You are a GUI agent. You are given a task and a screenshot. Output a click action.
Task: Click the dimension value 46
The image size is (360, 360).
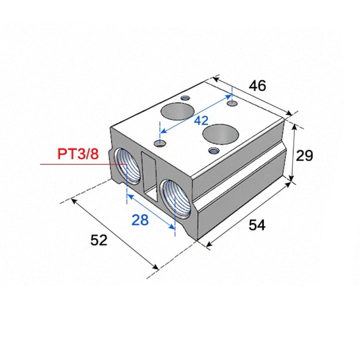[257, 85]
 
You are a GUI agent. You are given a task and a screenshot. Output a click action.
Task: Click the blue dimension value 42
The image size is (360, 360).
[201, 120]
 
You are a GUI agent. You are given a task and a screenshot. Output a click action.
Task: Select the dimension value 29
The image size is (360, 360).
[304, 155]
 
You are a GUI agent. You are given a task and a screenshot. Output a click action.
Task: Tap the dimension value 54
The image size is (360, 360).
[257, 225]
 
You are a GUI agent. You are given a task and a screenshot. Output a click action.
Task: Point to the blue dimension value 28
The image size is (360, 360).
[140, 220]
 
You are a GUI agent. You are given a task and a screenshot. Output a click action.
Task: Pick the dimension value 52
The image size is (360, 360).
[98, 240]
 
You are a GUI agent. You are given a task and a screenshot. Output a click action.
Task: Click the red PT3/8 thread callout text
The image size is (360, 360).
[78, 154]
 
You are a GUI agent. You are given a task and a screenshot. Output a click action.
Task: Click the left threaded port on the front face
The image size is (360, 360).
[127, 166]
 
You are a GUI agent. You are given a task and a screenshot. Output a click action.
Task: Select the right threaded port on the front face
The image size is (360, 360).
[176, 199]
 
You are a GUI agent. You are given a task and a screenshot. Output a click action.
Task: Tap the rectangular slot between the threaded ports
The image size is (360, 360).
[149, 177]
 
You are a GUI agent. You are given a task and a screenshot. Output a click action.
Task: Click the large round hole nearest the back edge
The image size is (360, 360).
[177, 111]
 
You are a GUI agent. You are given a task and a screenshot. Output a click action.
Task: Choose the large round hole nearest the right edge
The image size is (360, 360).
[220, 134]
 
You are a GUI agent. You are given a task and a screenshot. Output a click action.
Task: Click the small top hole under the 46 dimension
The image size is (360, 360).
[232, 103]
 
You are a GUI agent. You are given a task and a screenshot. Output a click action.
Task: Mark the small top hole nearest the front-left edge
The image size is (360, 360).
[160, 144]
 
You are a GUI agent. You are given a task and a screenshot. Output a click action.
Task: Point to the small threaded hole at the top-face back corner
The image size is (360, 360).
[185, 98]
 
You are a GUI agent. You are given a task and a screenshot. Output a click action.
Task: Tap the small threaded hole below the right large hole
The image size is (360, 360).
[214, 151]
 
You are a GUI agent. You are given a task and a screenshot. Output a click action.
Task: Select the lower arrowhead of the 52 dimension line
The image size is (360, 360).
[155, 266]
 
